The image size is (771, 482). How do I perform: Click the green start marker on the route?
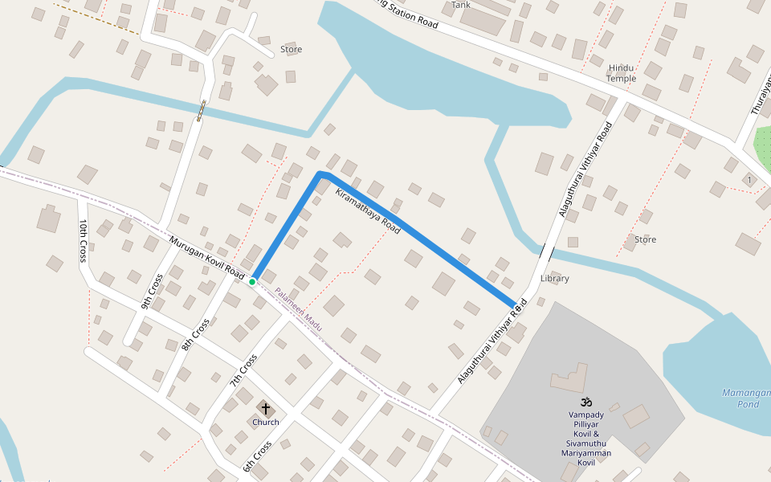click(252, 282)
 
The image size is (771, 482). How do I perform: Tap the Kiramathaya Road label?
click(368, 211)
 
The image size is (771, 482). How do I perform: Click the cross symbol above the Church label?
click(266, 409)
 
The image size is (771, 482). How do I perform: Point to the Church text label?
click(266, 422)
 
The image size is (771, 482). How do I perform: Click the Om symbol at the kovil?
click(585, 401)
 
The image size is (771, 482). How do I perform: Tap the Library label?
click(554, 279)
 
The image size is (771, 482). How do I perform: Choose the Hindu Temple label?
click(622, 73)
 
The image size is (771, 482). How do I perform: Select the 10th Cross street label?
click(83, 240)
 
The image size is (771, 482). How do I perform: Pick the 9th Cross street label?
click(152, 292)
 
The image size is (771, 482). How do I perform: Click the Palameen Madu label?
click(298, 310)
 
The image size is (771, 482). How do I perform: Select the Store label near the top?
click(291, 50)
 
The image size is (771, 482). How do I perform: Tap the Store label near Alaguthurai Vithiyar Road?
click(645, 239)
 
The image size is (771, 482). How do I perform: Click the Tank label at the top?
click(461, 5)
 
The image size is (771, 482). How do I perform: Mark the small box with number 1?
click(749, 179)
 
